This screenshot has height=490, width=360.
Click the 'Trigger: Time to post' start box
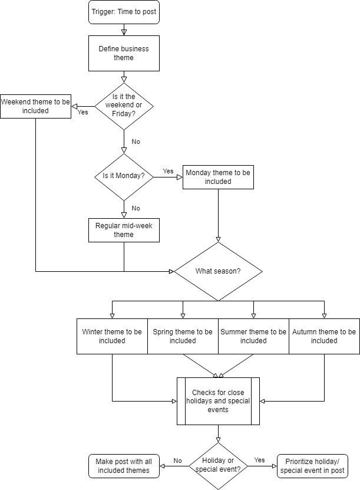124,12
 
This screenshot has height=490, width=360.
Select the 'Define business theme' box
124,53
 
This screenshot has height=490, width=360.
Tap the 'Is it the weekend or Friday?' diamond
124,106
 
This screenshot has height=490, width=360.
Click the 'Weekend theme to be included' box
35,106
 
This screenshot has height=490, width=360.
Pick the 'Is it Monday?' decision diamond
124,176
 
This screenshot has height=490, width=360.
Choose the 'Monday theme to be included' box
218,177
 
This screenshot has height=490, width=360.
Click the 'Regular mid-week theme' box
124,230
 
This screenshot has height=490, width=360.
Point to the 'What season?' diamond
218,271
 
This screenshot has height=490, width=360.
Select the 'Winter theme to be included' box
112,336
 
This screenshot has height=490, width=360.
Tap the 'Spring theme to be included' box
183,336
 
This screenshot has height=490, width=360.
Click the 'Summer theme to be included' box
253,336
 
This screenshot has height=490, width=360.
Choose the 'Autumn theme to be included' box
324,336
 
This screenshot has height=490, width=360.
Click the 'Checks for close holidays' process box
218,401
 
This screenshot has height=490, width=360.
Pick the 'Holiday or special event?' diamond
218,465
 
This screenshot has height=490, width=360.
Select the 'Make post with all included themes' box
124,466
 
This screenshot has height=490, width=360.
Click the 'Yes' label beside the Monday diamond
169,171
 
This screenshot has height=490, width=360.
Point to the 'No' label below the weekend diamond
136,142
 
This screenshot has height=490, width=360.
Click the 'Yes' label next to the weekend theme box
83,112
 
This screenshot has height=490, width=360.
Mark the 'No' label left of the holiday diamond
177,460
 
